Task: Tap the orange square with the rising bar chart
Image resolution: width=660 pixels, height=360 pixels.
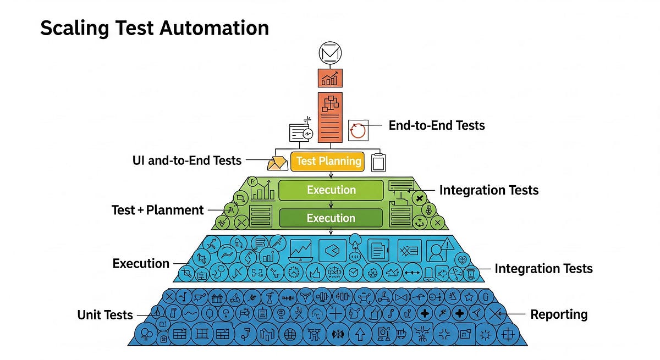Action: click(330, 77)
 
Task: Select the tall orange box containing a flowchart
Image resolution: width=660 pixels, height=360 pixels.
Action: click(330, 117)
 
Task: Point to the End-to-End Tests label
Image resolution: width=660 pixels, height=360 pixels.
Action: click(437, 125)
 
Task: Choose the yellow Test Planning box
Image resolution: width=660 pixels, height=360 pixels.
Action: click(328, 161)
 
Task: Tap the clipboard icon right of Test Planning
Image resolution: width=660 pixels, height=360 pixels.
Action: click(378, 162)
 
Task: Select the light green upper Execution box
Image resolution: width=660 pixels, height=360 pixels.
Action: click(331, 190)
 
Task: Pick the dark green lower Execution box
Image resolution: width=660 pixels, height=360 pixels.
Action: click(331, 218)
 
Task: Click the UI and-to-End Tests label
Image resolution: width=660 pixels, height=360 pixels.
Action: click(187, 160)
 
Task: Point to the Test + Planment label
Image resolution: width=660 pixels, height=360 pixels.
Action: click(157, 210)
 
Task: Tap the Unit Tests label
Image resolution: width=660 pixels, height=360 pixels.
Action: click(105, 315)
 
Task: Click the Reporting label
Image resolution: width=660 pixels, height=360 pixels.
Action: click(559, 314)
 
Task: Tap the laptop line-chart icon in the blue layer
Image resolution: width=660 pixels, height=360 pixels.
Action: click(301, 250)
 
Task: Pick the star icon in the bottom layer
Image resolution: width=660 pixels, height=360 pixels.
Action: click(469, 297)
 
